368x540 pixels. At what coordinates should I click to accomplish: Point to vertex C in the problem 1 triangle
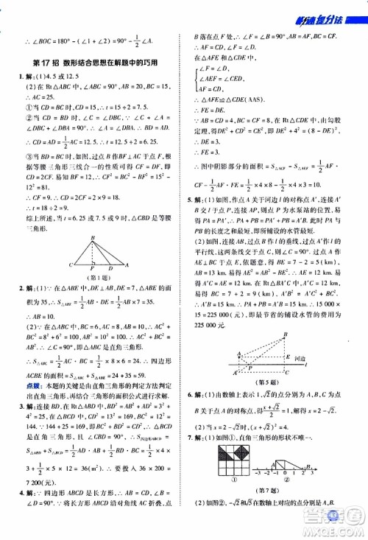71,264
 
